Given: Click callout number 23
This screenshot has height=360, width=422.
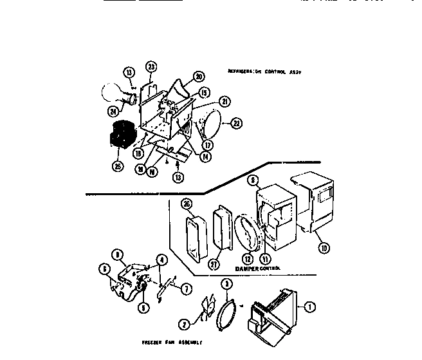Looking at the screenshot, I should pos(151,66).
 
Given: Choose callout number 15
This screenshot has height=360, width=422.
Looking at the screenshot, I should pos(204,91).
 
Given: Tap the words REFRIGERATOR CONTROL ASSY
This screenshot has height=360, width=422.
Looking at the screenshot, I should pos(264,72).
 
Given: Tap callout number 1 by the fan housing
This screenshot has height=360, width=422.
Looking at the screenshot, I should pos(311,307).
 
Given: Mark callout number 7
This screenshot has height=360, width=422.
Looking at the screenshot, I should pos(186,289).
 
